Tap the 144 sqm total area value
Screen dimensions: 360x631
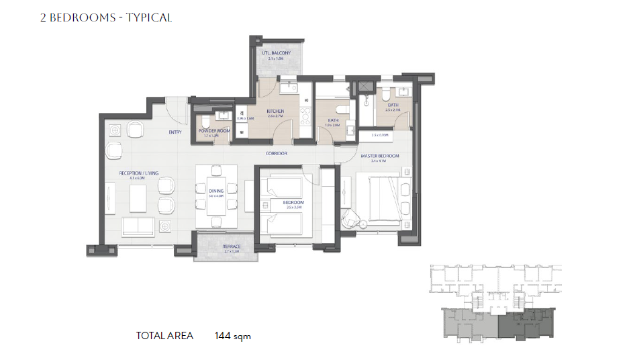click(x=232, y=336)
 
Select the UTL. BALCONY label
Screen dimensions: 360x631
click(x=276, y=53)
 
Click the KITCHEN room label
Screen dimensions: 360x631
click(x=275, y=111)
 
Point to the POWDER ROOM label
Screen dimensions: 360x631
click(x=214, y=130)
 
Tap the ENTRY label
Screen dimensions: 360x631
click(x=175, y=132)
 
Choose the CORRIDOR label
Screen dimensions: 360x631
click(x=276, y=154)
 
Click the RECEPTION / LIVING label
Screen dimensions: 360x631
click(x=139, y=173)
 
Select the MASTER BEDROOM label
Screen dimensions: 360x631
click(x=380, y=156)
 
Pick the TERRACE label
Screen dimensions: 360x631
click(x=232, y=246)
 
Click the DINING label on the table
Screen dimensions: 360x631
click(x=216, y=191)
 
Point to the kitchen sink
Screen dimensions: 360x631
click(x=290, y=87)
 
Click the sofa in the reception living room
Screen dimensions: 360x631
click(x=138, y=226)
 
